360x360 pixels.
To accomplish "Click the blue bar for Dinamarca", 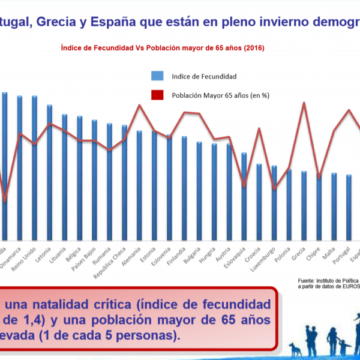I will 20,168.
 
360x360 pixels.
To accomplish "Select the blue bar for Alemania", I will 139,186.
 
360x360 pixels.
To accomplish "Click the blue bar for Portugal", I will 349,207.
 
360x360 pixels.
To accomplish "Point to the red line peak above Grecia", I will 304,103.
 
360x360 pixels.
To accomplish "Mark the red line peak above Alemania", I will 140,105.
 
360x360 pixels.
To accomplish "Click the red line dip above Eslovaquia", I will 244,186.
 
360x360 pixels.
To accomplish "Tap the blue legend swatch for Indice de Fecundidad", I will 158,76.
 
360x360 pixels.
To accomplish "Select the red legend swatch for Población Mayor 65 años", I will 158,94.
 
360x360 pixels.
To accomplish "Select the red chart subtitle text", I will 162,47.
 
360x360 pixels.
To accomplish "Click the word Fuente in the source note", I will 308,281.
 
